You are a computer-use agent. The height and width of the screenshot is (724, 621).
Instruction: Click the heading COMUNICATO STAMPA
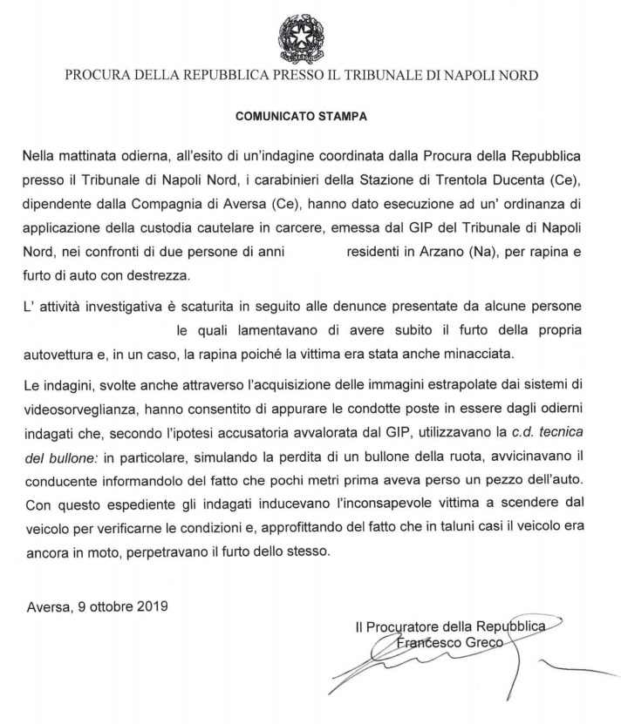click(310, 114)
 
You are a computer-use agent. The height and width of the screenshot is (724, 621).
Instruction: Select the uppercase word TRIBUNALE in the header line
click(397, 75)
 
